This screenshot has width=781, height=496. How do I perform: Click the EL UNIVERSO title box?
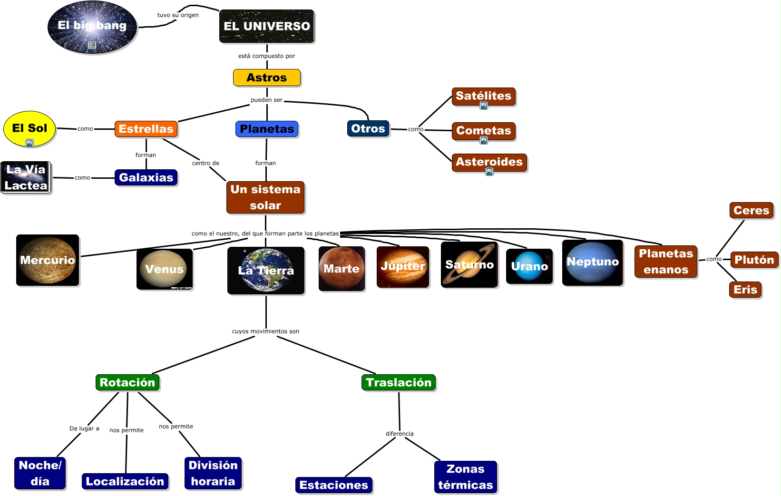point(267,26)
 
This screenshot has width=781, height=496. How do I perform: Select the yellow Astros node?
point(267,78)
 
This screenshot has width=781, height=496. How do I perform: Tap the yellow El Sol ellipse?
point(29,128)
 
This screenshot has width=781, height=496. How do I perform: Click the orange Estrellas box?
point(146,129)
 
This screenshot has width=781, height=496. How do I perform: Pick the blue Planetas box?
point(267,129)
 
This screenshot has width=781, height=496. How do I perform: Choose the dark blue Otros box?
point(368,128)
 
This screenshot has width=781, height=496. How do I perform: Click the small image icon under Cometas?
point(484,140)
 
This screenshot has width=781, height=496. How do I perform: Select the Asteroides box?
point(489,162)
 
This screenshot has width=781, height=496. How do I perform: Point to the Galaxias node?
point(146,177)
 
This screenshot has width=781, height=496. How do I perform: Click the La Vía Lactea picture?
point(26,177)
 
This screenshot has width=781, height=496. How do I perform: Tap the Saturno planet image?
point(469,265)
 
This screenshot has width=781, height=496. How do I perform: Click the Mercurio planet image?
point(48,260)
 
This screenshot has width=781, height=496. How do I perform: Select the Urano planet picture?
point(529,266)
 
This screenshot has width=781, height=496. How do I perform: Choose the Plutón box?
point(754,260)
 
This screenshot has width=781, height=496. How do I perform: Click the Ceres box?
point(751,210)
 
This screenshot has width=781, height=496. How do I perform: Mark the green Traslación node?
point(399,382)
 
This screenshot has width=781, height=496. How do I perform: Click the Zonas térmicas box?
point(466,477)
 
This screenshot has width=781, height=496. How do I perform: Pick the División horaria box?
point(213,473)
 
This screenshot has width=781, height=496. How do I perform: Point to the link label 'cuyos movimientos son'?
point(265,331)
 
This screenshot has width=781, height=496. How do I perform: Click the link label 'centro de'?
point(205,163)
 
